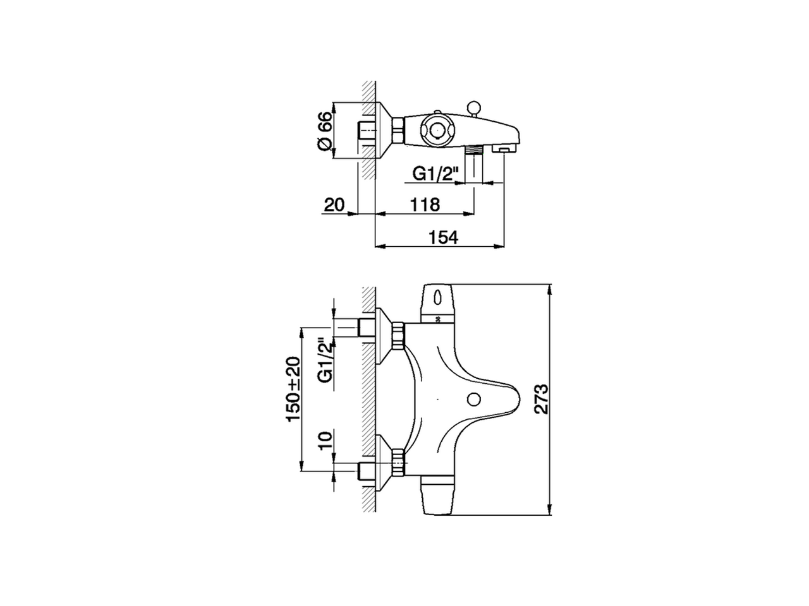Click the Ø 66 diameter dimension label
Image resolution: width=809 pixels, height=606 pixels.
point(323,131)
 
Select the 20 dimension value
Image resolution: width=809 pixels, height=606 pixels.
point(333,205)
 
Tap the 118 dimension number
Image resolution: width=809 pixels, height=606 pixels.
point(425,205)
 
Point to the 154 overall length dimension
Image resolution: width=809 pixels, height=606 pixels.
point(442,237)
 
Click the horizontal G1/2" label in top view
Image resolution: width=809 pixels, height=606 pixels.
point(434,174)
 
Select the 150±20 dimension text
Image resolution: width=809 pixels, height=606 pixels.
point(294,389)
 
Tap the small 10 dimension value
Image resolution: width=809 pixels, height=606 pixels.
point(325,440)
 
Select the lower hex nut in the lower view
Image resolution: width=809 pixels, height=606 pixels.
point(398,462)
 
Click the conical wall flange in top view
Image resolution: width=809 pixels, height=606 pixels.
point(383,131)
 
